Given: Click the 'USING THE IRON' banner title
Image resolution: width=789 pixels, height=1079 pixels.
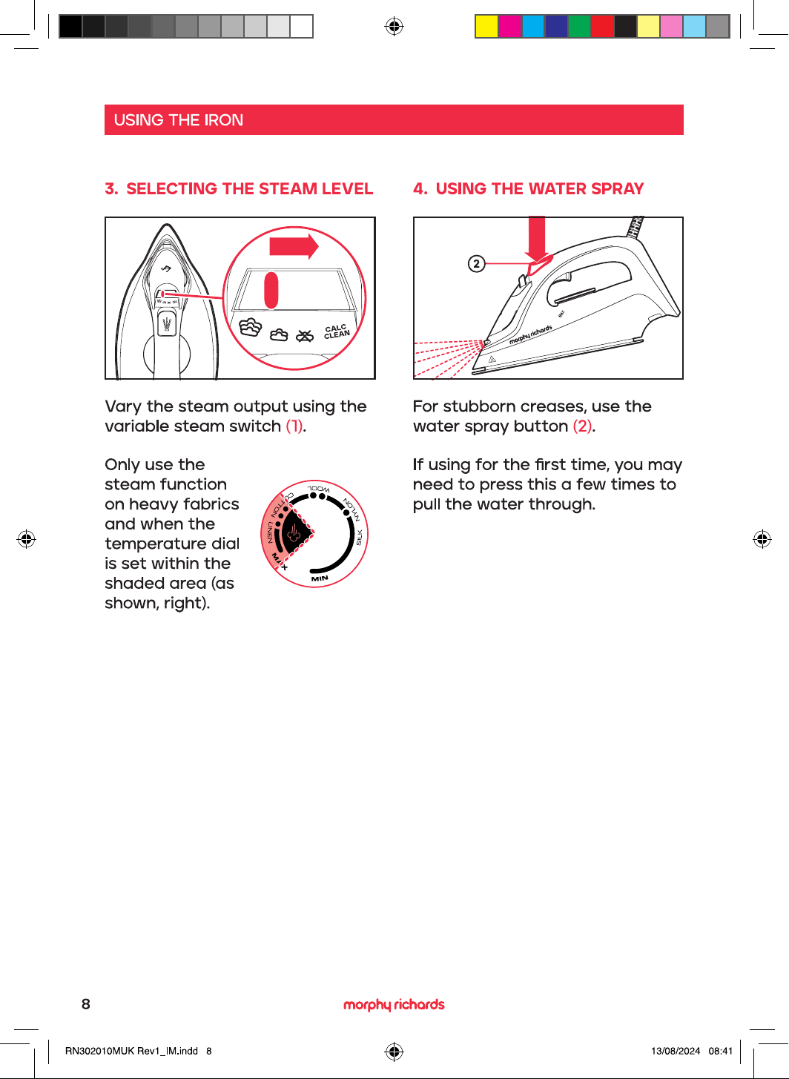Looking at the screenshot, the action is tap(178, 120).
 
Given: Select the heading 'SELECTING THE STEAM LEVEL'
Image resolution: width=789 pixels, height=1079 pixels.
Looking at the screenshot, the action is tap(249, 188).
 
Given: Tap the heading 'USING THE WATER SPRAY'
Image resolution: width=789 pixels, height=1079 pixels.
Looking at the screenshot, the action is tap(540, 188).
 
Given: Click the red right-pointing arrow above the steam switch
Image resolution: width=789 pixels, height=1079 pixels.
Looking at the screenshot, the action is tap(294, 247).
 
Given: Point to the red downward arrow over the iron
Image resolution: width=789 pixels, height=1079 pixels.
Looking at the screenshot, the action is tap(537, 239).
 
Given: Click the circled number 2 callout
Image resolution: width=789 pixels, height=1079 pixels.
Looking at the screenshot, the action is tap(476, 263).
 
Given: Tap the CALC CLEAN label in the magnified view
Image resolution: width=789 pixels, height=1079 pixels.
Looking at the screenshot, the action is tap(337, 331).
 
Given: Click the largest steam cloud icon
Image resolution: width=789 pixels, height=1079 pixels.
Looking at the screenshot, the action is tap(251, 328).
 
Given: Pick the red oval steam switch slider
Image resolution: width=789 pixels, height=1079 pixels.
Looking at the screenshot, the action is tap(271, 291).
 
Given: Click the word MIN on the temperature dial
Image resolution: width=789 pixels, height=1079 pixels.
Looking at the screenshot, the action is tap(320, 578).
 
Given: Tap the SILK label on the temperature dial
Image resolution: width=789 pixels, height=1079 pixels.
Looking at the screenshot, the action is tap(359, 538).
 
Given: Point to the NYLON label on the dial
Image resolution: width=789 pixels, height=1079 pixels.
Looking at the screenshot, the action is tap(351, 509).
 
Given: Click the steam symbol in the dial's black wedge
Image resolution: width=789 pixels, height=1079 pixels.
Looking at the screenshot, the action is tap(294, 534).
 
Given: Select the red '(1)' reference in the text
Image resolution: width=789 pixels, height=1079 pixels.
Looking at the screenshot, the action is tap(294, 426).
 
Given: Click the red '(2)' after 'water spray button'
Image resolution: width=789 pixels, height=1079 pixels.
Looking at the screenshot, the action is tap(582, 426).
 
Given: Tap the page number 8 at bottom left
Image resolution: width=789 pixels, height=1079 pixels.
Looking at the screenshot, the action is tap(86, 1004).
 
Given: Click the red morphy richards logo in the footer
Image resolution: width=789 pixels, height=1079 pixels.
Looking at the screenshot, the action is tap(394, 1004).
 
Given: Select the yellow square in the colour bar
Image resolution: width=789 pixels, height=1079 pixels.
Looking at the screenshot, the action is tap(486, 27).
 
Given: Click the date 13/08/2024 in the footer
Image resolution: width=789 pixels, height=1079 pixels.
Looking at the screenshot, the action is tap(676, 1051).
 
